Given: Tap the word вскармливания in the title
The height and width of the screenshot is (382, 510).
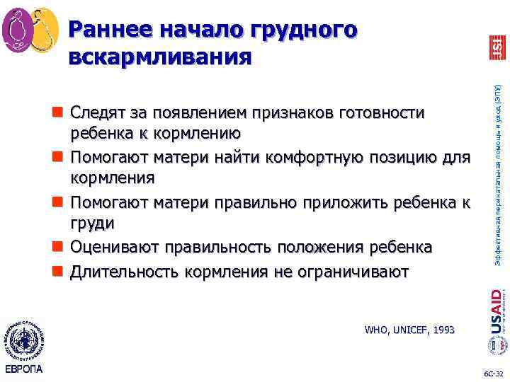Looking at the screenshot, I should click(159, 57).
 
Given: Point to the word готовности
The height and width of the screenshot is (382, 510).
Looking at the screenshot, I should click(382, 113).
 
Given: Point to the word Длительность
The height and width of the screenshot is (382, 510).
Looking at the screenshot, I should click(125, 271).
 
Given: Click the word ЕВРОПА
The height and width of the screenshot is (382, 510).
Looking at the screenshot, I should click(24, 369).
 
